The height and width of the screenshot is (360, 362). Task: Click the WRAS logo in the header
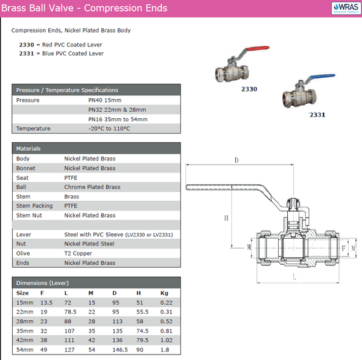(x=346, y=8)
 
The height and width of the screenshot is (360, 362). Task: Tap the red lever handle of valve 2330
(x=257, y=48)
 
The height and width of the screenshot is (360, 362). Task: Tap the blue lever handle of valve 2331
(x=322, y=76)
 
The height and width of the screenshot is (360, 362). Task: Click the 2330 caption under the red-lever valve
(x=249, y=89)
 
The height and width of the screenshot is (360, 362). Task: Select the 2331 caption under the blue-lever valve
(x=317, y=115)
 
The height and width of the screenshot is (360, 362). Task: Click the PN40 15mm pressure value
(x=104, y=100)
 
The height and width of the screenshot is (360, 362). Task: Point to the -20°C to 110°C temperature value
(x=109, y=128)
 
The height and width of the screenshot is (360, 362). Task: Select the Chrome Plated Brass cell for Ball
(x=92, y=187)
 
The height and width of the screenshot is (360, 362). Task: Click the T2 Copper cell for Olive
(x=78, y=253)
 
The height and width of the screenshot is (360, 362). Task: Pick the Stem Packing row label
(x=34, y=206)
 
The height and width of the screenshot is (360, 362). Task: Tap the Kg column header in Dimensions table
(x=164, y=293)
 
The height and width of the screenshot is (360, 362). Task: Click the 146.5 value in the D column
(x=120, y=350)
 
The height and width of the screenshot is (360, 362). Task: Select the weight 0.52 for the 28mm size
(x=167, y=321)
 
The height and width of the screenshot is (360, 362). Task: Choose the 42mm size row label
(x=25, y=340)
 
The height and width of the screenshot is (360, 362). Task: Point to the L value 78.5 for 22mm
(x=70, y=312)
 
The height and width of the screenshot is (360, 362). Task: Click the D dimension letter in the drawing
(x=237, y=160)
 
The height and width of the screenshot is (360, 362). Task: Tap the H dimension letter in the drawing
(x=226, y=218)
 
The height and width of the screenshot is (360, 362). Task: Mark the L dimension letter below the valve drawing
(x=294, y=277)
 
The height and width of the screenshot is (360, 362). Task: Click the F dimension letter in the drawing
(x=343, y=248)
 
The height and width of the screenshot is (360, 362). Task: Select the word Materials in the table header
(x=28, y=148)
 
